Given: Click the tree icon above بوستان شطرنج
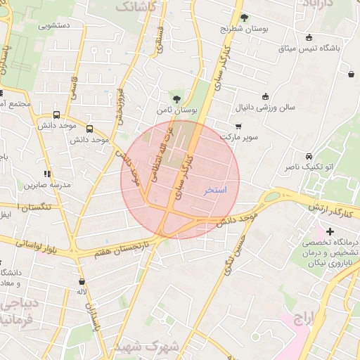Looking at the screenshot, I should click(244, 18).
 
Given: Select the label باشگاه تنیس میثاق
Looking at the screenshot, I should click(309, 49).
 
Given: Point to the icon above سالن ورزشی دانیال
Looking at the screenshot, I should click(265, 96).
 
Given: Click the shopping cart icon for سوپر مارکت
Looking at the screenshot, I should click(238, 127).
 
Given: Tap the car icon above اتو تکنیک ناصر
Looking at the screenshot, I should click(309, 156).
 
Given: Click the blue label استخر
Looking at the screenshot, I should click(215, 190).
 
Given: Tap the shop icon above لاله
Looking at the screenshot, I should click(82, 281).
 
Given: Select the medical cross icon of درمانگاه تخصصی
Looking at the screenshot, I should click(330, 231).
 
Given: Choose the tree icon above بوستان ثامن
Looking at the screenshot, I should click(176, 99).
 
